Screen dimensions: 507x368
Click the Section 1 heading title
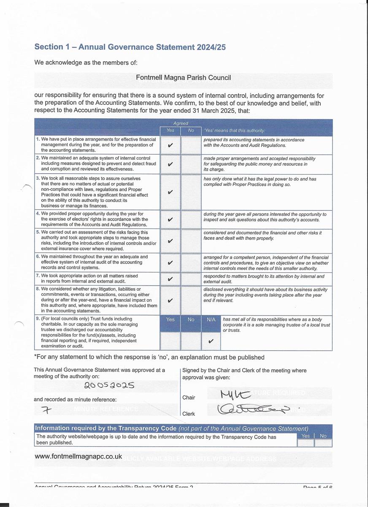pos(130,47)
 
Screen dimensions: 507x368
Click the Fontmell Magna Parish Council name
pos(183,78)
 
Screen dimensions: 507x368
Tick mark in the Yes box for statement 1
pos(170,145)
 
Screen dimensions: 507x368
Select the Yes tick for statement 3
pos(170,192)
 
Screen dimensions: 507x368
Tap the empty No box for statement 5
pos(191,241)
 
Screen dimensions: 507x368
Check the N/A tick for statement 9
pos(211,341)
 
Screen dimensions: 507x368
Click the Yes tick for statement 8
pos(170,301)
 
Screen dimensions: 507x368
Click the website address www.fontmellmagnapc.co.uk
pos(78,457)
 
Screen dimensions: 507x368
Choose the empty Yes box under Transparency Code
pos(306,443)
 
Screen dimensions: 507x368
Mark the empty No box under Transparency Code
pos(323,443)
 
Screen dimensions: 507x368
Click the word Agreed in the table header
pos(181,123)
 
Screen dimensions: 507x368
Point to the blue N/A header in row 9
pos(211,320)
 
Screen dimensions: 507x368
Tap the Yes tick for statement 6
pos(170,263)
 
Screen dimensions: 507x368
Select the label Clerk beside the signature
pos(189,414)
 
